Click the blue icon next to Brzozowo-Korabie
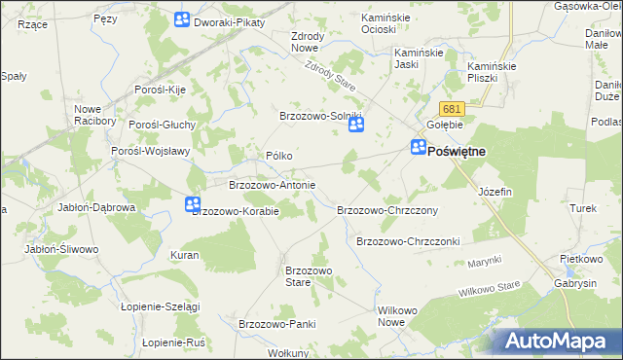tap(192, 203)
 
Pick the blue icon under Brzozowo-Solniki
tap(356, 126)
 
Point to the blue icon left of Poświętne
tap(418, 148)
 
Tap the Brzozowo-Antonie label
tap(272, 184)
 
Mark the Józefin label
tap(495, 193)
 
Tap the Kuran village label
tap(185, 255)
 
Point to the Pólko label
tap(279, 156)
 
